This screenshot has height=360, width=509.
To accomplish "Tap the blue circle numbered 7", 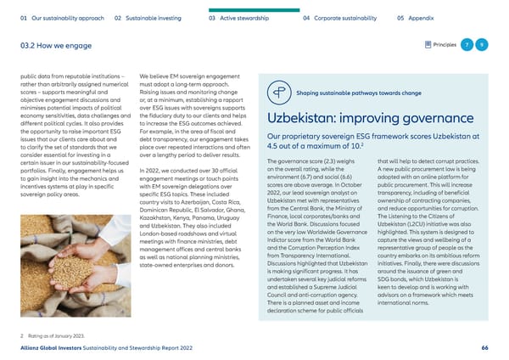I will (466, 44).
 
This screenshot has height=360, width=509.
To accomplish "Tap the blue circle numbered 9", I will (481, 44).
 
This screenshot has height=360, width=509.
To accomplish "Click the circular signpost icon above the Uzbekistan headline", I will (278, 93).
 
